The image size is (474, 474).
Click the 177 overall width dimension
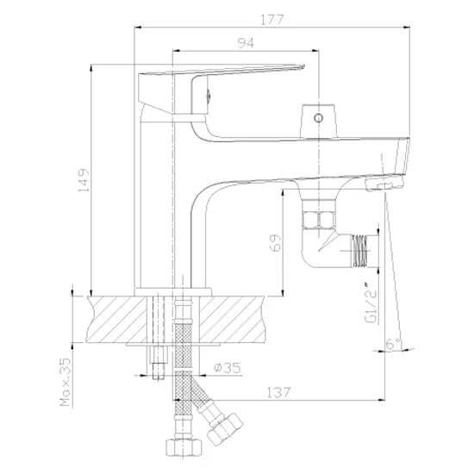[271, 20]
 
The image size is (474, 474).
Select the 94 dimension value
[246, 43]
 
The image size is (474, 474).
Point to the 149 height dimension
[84, 180]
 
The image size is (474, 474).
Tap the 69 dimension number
[275, 242]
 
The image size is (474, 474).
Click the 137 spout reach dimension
[278, 392]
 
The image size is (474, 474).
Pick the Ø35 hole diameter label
[228, 368]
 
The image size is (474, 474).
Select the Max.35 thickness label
[65, 382]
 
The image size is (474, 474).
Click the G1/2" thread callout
[371, 303]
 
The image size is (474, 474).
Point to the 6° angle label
[393, 343]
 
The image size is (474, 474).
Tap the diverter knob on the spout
[318, 121]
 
